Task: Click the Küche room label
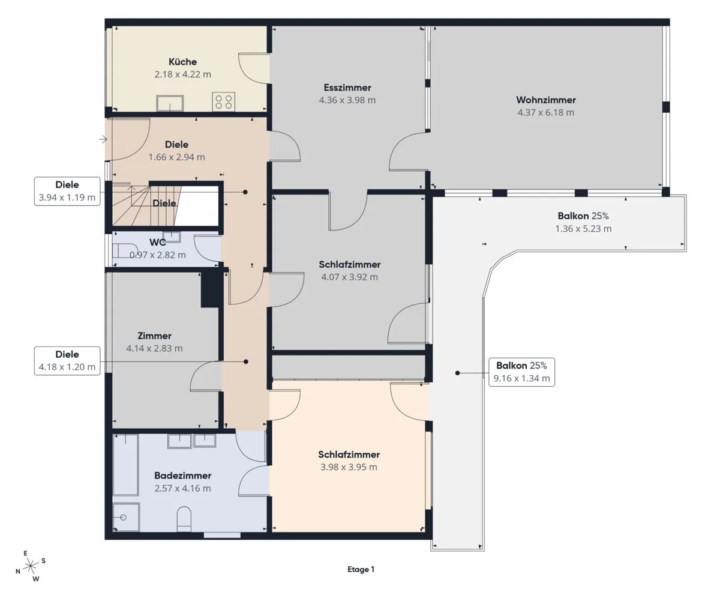click(182, 62)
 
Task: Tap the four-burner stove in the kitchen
click(224, 101)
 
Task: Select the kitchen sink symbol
click(170, 103)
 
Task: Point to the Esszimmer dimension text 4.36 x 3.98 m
click(347, 100)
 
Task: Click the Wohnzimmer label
click(545, 100)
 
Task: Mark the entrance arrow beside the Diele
click(103, 139)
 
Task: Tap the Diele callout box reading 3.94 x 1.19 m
click(67, 192)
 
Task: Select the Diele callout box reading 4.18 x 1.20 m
click(67, 361)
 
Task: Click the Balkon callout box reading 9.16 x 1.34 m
click(521, 372)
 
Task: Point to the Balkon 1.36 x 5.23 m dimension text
click(583, 229)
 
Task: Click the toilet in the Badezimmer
click(184, 519)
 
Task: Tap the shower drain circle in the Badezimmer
click(123, 518)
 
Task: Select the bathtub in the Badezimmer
click(125, 465)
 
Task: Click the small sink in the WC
click(172, 237)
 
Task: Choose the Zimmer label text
click(154, 336)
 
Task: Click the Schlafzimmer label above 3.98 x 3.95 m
click(349, 455)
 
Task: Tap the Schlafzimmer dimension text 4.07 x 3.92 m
click(349, 277)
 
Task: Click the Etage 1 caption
click(361, 569)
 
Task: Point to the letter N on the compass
click(18, 571)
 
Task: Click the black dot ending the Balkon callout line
click(457, 373)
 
